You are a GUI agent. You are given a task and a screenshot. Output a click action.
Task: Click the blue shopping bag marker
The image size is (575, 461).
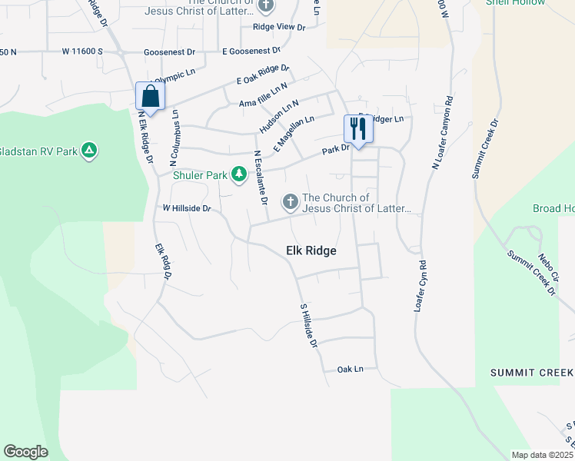click(x=150, y=97)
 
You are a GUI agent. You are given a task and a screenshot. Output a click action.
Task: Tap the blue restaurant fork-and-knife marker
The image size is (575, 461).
click(x=357, y=127)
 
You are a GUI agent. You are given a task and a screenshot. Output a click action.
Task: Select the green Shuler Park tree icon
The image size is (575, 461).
click(x=239, y=176)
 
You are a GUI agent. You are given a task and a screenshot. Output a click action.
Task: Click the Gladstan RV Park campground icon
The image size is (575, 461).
click(x=90, y=151)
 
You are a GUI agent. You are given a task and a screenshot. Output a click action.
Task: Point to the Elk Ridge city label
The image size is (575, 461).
click(x=311, y=250)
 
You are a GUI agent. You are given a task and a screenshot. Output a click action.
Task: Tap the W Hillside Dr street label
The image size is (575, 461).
click(x=186, y=208)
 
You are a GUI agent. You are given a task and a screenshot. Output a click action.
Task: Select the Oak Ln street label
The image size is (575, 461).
click(x=350, y=370)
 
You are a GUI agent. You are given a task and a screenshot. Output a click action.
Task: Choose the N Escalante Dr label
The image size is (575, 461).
click(x=261, y=177)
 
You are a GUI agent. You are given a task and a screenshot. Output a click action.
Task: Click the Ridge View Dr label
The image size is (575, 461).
click(x=279, y=27)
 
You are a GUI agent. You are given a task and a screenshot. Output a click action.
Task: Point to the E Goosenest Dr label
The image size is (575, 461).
click(x=251, y=51)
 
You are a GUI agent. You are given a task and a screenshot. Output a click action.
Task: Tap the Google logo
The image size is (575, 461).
click(x=25, y=452)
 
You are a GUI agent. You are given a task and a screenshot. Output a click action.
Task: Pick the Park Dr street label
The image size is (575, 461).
click(x=336, y=149)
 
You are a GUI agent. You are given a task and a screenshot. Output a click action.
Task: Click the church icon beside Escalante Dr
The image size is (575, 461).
click(x=291, y=202)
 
